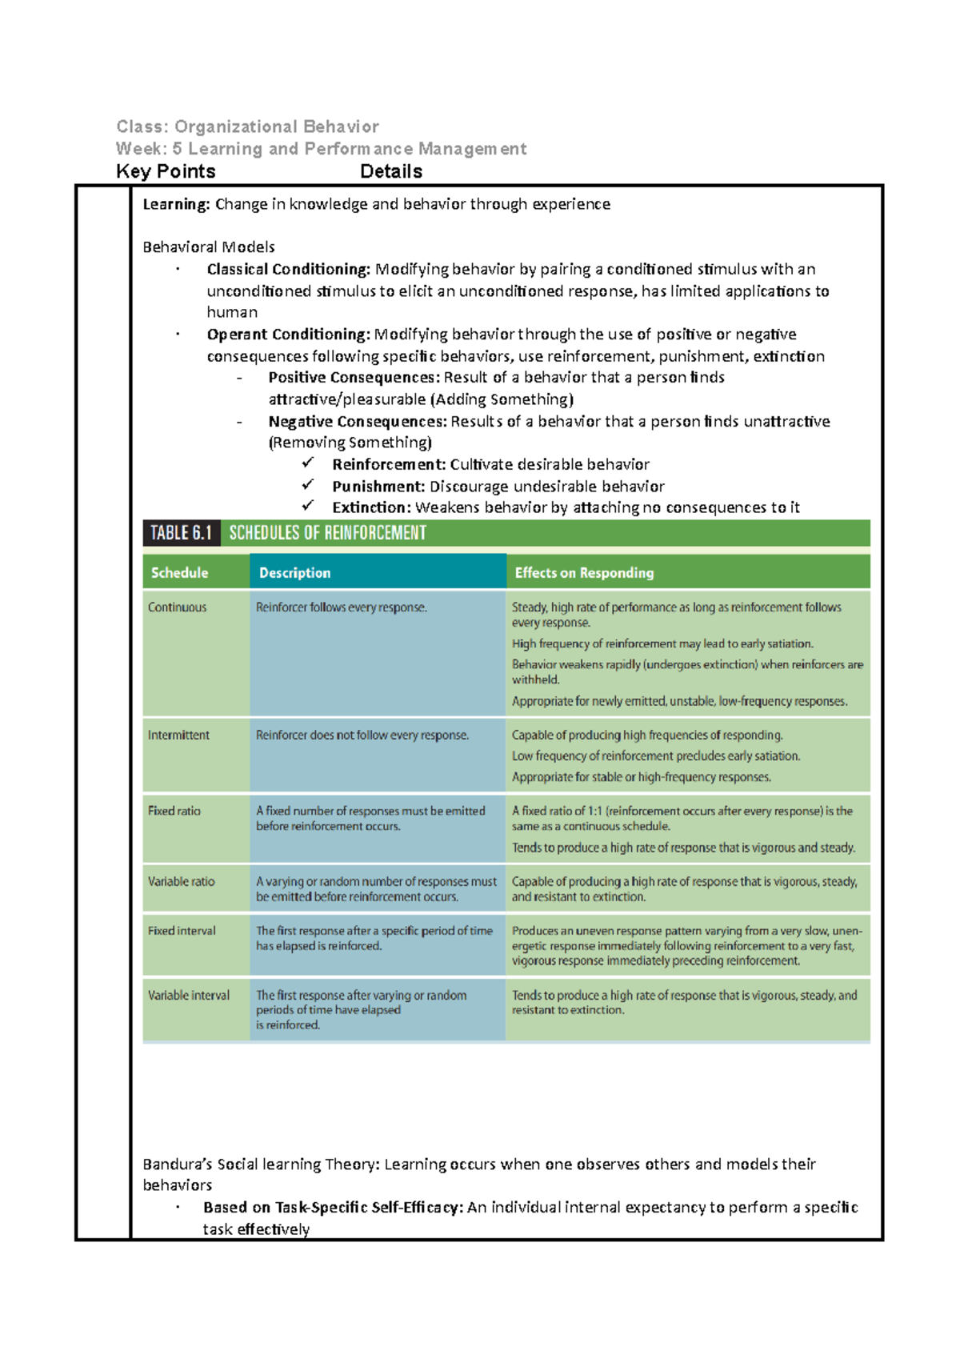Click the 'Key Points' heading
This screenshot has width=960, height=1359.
pyautogui.click(x=166, y=171)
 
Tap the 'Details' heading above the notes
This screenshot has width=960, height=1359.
pyautogui.click(x=391, y=171)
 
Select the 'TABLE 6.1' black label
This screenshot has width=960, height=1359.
pyautogui.click(x=181, y=533)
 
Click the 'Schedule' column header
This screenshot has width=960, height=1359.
pyautogui.click(x=179, y=573)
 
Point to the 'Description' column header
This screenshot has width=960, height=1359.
pyautogui.click(x=294, y=573)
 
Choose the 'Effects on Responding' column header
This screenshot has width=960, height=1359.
pyautogui.click(x=584, y=573)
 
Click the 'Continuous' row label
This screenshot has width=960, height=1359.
pyautogui.click(x=177, y=607)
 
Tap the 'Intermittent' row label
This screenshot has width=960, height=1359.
pyautogui.click(x=178, y=735)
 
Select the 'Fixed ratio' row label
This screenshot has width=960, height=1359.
pyautogui.click(x=174, y=811)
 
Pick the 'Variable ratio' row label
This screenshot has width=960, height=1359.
pyautogui.click(x=181, y=881)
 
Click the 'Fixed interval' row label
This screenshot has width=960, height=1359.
pyautogui.click(x=182, y=931)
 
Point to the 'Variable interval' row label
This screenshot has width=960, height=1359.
pyautogui.click(x=188, y=996)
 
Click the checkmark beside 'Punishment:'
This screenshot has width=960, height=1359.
pyautogui.click(x=308, y=485)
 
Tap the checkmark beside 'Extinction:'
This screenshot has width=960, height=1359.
pyautogui.click(x=308, y=506)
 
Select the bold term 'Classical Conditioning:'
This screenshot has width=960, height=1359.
pyautogui.click(x=289, y=270)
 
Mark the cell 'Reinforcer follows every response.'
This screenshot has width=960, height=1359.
pyautogui.click(x=341, y=607)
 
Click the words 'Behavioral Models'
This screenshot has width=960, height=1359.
pyautogui.click(x=208, y=247)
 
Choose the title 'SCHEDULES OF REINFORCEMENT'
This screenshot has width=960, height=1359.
pyautogui.click(x=327, y=533)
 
